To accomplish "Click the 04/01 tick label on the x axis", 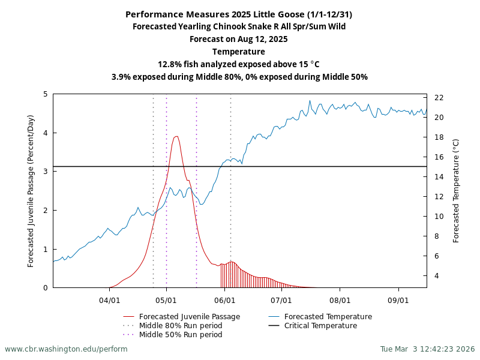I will click(109, 299).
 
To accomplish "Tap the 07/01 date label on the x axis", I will click(281, 299).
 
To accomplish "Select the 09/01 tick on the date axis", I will click(398, 299).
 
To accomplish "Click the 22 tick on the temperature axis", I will click(439, 97).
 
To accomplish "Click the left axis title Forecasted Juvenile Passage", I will click(31, 191).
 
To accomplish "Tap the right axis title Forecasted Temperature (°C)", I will click(456, 191).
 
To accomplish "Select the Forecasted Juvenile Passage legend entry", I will click(189, 317).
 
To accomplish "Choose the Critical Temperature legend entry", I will click(320, 326).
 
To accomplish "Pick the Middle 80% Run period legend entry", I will click(181, 326).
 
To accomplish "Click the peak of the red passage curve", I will click(176, 136).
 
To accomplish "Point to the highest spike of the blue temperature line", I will click(310, 101).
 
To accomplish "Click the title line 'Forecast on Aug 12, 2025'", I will click(239, 39).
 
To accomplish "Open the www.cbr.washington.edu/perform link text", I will click(66, 349).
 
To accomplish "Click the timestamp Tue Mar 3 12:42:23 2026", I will click(427, 349).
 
